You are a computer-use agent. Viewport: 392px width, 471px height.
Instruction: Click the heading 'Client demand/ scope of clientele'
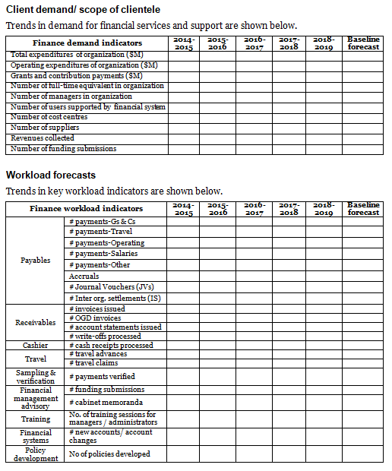[83, 9]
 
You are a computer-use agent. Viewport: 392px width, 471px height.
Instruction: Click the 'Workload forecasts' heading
[51, 175]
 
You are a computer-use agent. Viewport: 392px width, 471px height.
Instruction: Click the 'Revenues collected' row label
[43, 138]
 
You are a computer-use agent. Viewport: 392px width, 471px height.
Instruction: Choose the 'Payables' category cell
[35, 260]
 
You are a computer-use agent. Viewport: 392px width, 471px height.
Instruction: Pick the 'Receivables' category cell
[35, 323]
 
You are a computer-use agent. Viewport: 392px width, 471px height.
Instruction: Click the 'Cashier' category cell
[35, 345]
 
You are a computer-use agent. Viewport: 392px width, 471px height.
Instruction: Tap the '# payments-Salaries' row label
[106, 254]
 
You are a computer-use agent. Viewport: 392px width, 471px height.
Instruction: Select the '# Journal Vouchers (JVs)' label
[113, 286]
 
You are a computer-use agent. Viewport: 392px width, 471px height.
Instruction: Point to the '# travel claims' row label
[97, 363]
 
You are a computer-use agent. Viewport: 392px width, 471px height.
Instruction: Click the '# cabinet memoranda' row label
[106, 402]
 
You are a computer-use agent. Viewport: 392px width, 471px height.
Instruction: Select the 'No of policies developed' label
[109, 454]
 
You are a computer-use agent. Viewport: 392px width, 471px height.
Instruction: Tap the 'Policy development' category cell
[35, 454]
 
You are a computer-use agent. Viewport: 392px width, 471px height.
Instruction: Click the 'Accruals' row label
[84, 276]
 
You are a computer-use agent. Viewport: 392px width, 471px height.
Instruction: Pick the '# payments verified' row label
[102, 376]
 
